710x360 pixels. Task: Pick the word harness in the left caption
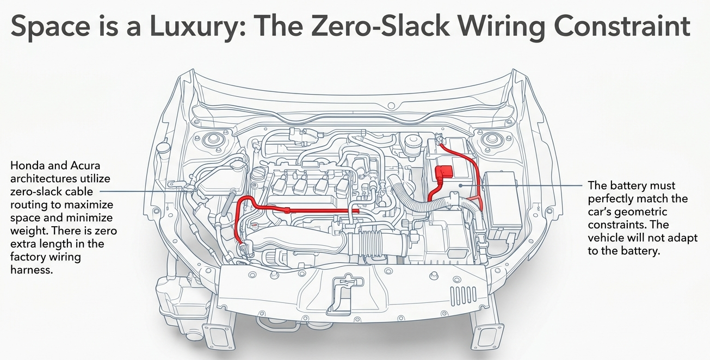pyautogui.click(x=32, y=269)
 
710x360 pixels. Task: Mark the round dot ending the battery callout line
pyautogui.click(x=460, y=185)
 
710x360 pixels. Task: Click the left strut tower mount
pyautogui.click(x=210, y=140)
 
